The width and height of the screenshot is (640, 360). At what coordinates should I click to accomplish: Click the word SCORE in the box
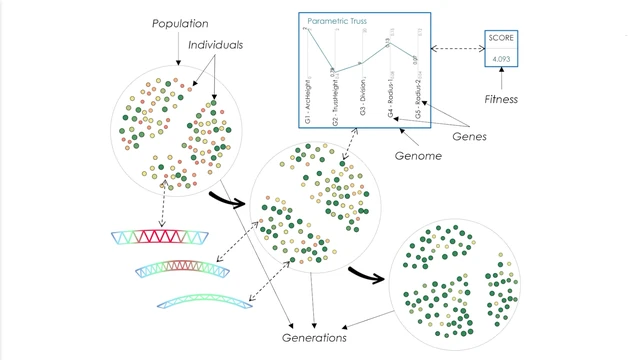point(500,37)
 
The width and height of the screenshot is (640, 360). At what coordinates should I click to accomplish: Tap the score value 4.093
point(500,59)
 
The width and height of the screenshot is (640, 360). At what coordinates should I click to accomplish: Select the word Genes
point(469,136)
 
